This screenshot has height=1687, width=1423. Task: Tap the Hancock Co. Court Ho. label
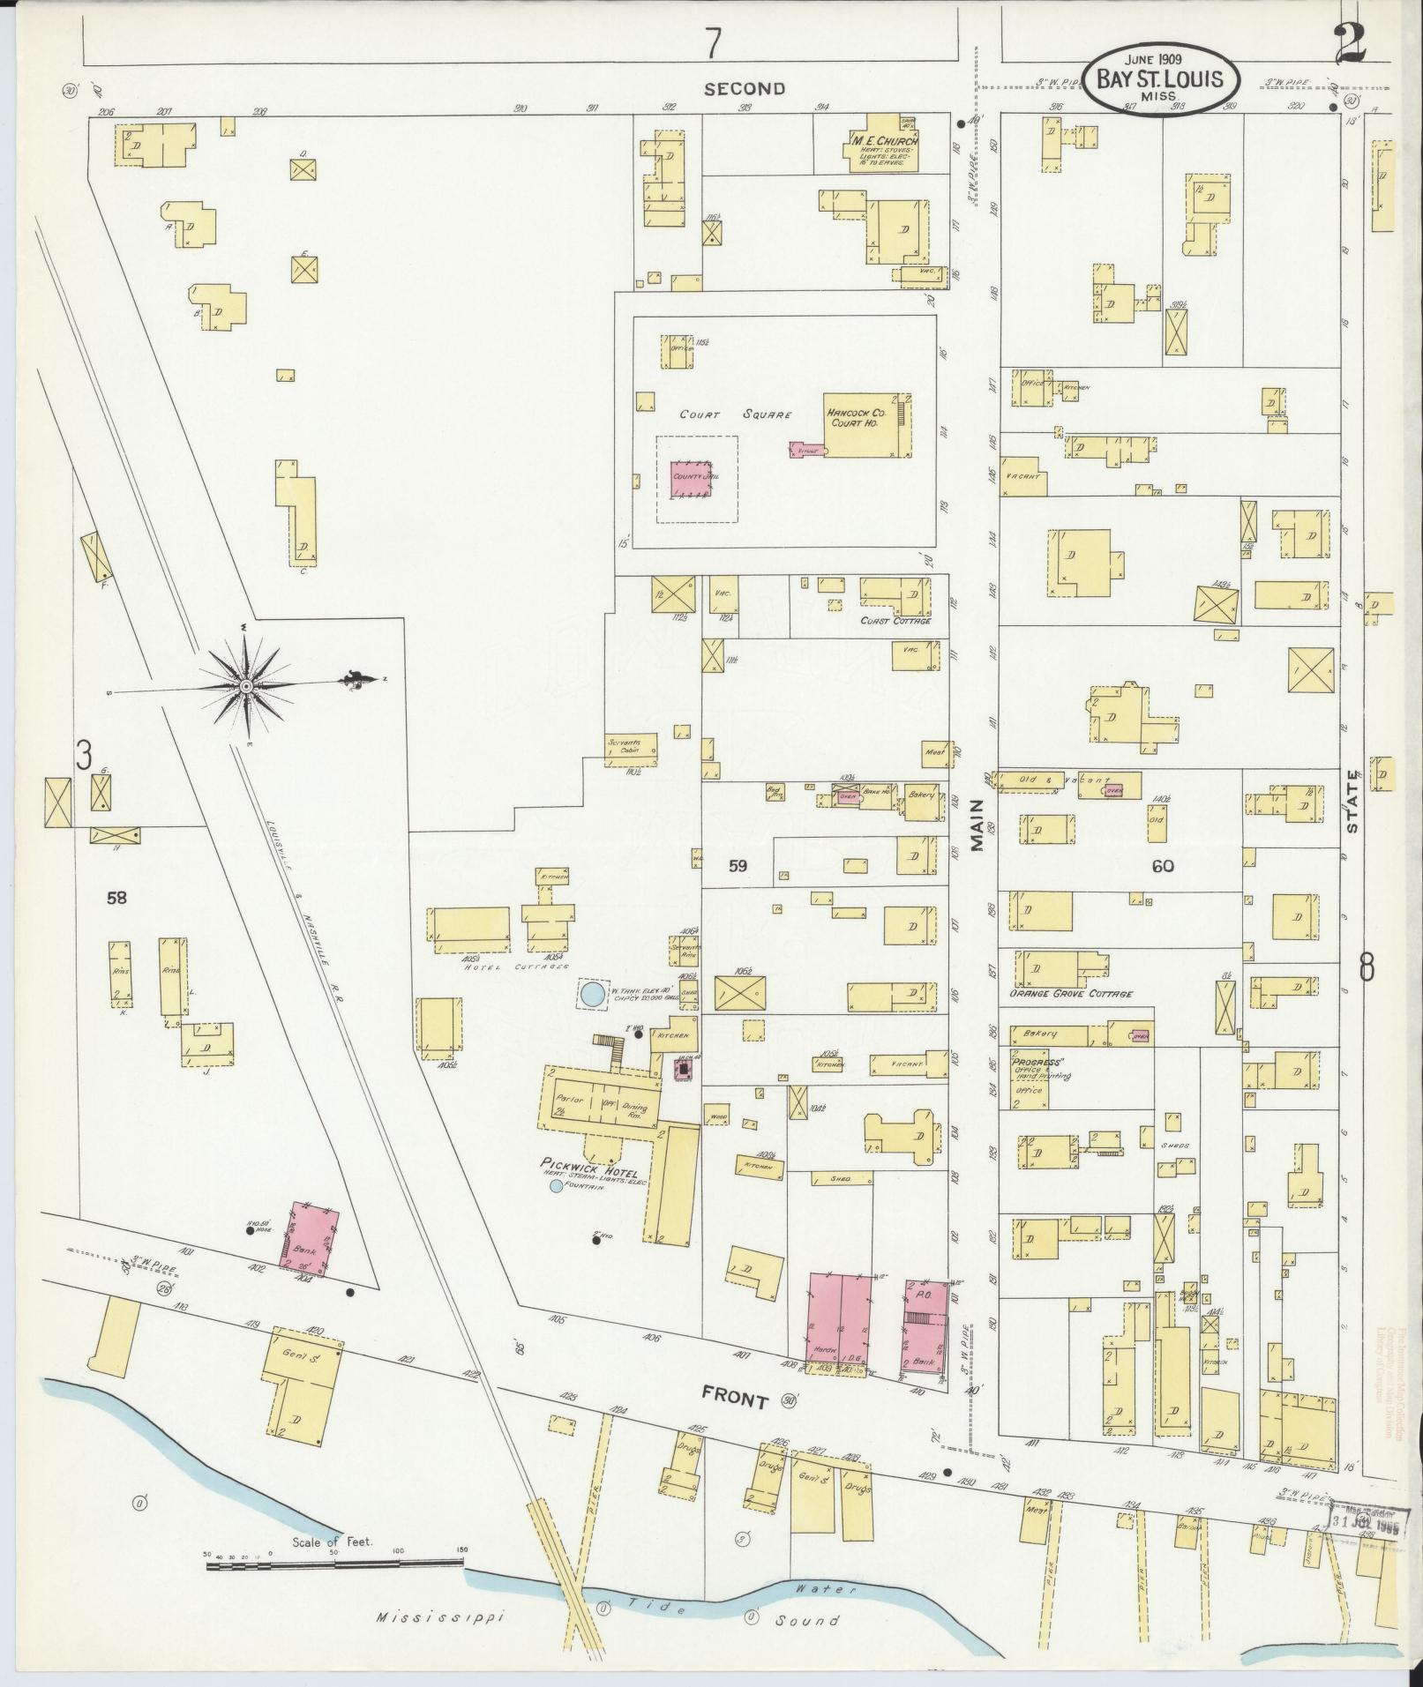855,417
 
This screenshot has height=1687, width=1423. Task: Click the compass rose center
247,685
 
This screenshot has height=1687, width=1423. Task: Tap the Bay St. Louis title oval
1160,79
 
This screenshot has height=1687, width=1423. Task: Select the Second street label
745,88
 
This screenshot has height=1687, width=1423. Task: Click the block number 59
738,866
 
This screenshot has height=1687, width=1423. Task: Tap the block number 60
1162,866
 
